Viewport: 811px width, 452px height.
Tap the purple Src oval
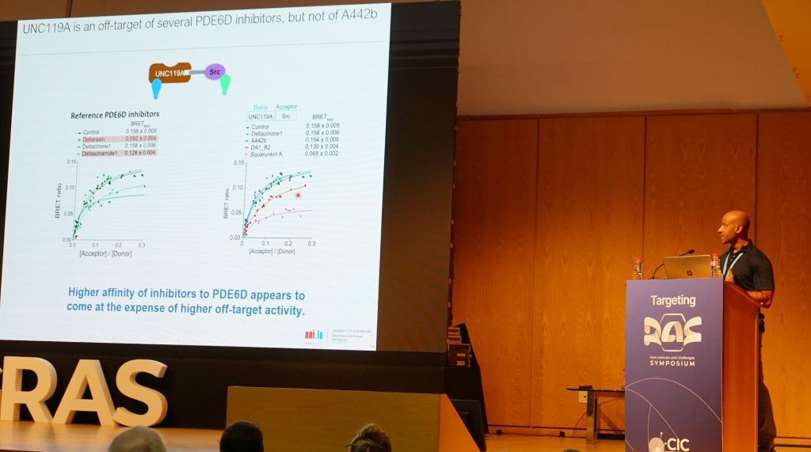point(215,72)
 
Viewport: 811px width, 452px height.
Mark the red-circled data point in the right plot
point(299,195)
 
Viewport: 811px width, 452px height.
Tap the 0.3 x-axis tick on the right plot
point(311,244)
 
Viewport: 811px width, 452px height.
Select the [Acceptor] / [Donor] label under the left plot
point(106,254)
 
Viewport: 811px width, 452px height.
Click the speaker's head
point(736,227)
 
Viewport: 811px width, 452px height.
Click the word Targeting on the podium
point(672,301)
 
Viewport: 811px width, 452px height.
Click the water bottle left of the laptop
point(638,268)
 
